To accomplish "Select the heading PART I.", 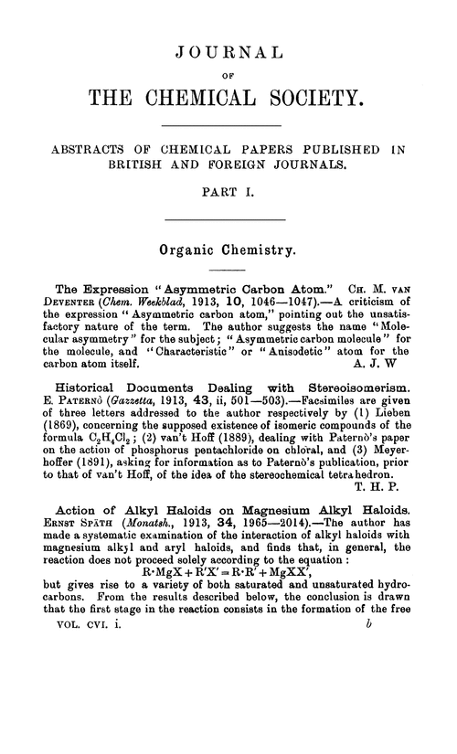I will click(x=228, y=193).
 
